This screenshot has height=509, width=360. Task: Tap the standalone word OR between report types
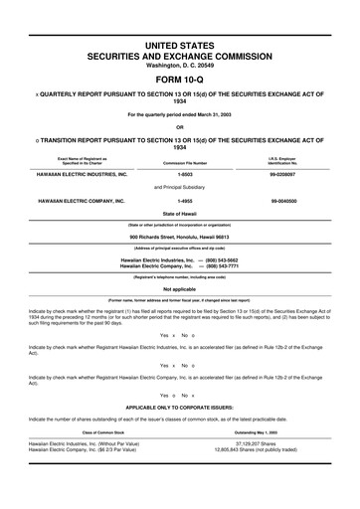tap(179, 125)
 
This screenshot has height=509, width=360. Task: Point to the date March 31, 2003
tap(210, 112)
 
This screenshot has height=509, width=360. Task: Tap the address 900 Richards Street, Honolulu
tap(179, 238)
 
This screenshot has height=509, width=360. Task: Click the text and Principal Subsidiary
tap(179, 186)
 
